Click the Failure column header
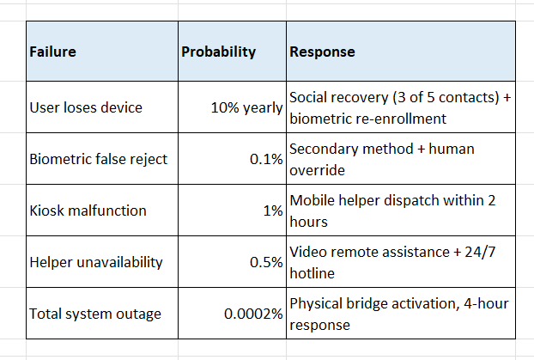(52, 52)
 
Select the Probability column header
(218, 52)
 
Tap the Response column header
(322, 52)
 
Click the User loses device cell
(86, 107)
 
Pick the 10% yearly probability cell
(247, 108)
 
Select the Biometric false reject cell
(99, 159)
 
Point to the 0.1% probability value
(266, 159)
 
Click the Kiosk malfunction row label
(88, 211)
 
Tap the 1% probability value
(273, 211)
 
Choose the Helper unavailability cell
(96, 262)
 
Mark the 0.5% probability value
(266, 262)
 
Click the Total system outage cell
(95, 314)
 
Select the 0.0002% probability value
(253, 314)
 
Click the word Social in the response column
(310, 97)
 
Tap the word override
(317, 170)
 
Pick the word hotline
(312, 273)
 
